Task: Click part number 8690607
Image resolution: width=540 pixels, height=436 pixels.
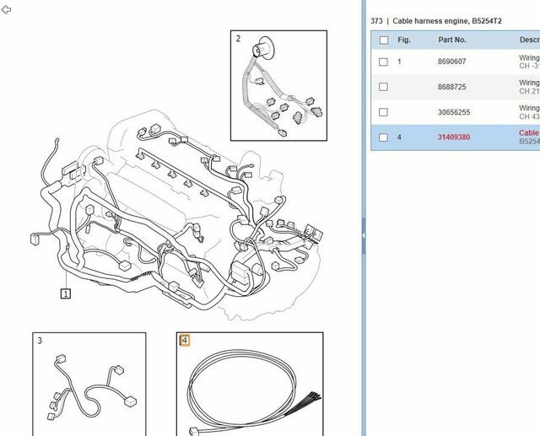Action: pyautogui.click(x=452, y=62)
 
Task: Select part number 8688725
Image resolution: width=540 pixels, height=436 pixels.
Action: pyautogui.click(x=452, y=87)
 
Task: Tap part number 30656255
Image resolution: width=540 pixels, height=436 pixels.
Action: pyautogui.click(x=454, y=112)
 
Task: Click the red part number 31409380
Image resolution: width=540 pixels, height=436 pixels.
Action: pyautogui.click(x=454, y=137)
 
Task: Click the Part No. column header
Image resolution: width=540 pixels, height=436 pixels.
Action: pyautogui.click(x=452, y=40)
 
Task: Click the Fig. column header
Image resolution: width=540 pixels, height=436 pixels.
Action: pyautogui.click(x=404, y=40)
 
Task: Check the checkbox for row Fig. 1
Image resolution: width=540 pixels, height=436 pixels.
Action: pyautogui.click(x=384, y=62)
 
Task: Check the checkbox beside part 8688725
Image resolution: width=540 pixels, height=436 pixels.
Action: pyautogui.click(x=384, y=87)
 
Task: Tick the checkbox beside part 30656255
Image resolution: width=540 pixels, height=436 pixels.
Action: pyautogui.click(x=384, y=112)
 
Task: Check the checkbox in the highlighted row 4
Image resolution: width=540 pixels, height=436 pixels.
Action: pyautogui.click(x=384, y=137)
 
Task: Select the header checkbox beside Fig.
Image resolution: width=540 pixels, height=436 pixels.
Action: pyautogui.click(x=384, y=40)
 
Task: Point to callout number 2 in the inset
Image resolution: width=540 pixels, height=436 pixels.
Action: pyautogui.click(x=239, y=39)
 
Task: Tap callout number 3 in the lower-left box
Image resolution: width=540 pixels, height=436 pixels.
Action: pyautogui.click(x=40, y=341)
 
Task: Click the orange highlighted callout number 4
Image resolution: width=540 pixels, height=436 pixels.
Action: pyautogui.click(x=185, y=341)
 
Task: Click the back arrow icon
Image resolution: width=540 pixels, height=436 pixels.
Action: pyautogui.click(x=7, y=10)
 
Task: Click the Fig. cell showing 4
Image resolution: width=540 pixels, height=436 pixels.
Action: pyautogui.click(x=400, y=137)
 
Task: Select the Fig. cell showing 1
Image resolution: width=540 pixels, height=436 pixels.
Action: pyautogui.click(x=400, y=62)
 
